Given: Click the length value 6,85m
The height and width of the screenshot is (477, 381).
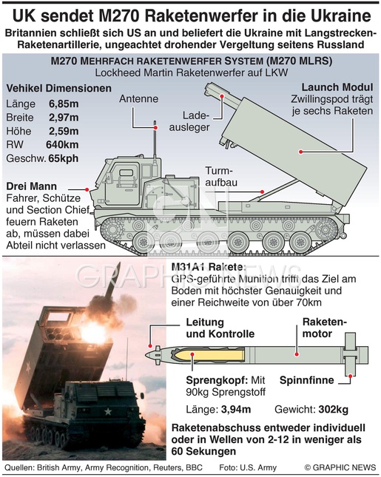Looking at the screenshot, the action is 64,104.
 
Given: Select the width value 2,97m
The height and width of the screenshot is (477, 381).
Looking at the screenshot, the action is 64,118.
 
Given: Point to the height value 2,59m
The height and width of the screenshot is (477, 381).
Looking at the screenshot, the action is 64,132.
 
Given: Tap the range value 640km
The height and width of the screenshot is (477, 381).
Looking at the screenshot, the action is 62,145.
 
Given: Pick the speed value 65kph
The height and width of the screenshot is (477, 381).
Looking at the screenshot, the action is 64,158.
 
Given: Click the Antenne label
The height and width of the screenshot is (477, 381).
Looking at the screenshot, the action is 139,99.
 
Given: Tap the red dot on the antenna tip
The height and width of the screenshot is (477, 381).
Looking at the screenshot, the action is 155,128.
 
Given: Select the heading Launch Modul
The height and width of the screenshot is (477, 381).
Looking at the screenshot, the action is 337,87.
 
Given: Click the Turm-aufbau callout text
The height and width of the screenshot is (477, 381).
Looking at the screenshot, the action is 221,177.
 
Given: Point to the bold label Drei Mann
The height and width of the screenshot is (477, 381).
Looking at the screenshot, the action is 32,186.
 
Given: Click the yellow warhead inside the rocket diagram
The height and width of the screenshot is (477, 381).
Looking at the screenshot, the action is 210,355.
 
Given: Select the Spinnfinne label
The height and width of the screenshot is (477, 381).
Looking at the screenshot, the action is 307,380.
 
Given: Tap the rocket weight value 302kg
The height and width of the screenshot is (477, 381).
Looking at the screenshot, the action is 334,410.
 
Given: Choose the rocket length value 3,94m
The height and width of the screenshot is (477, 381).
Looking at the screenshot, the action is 236,410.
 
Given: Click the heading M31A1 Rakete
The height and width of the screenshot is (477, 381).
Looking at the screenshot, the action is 209,267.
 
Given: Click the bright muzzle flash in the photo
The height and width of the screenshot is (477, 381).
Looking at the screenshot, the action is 90,331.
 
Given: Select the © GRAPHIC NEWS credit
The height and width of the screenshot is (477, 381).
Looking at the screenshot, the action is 340,467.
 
